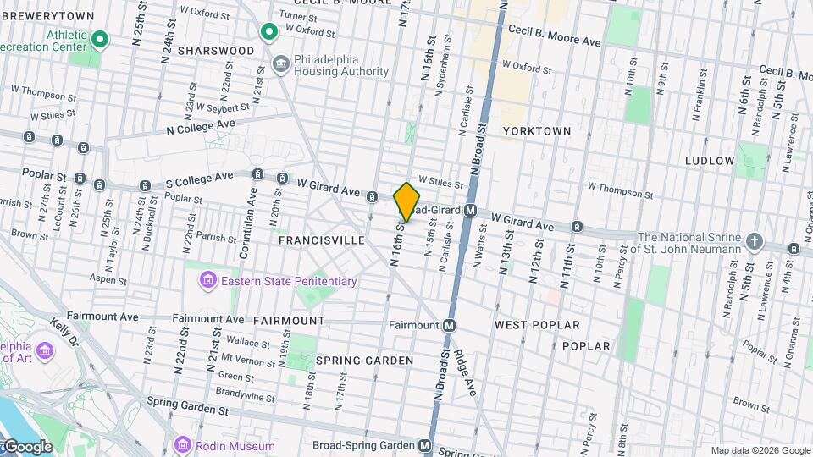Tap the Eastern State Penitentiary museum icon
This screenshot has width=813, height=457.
click(207, 280)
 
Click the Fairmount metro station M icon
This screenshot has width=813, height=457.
click(449, 325)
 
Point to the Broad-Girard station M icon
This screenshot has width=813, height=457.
click(471, 210)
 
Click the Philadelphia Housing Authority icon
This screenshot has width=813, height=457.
click(280, 62)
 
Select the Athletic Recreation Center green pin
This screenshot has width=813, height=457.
click(100, 39)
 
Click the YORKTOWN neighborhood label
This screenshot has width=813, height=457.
click(536, 131)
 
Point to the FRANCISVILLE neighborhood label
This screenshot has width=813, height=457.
click(321, 240)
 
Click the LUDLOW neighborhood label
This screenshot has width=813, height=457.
click(710, 160)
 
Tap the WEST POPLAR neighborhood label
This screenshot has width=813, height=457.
click(537, 325)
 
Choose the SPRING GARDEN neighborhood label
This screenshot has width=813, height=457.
click(364, 361)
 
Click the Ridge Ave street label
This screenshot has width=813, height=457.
click(467, 373)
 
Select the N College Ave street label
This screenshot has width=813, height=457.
click(200, 126)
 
